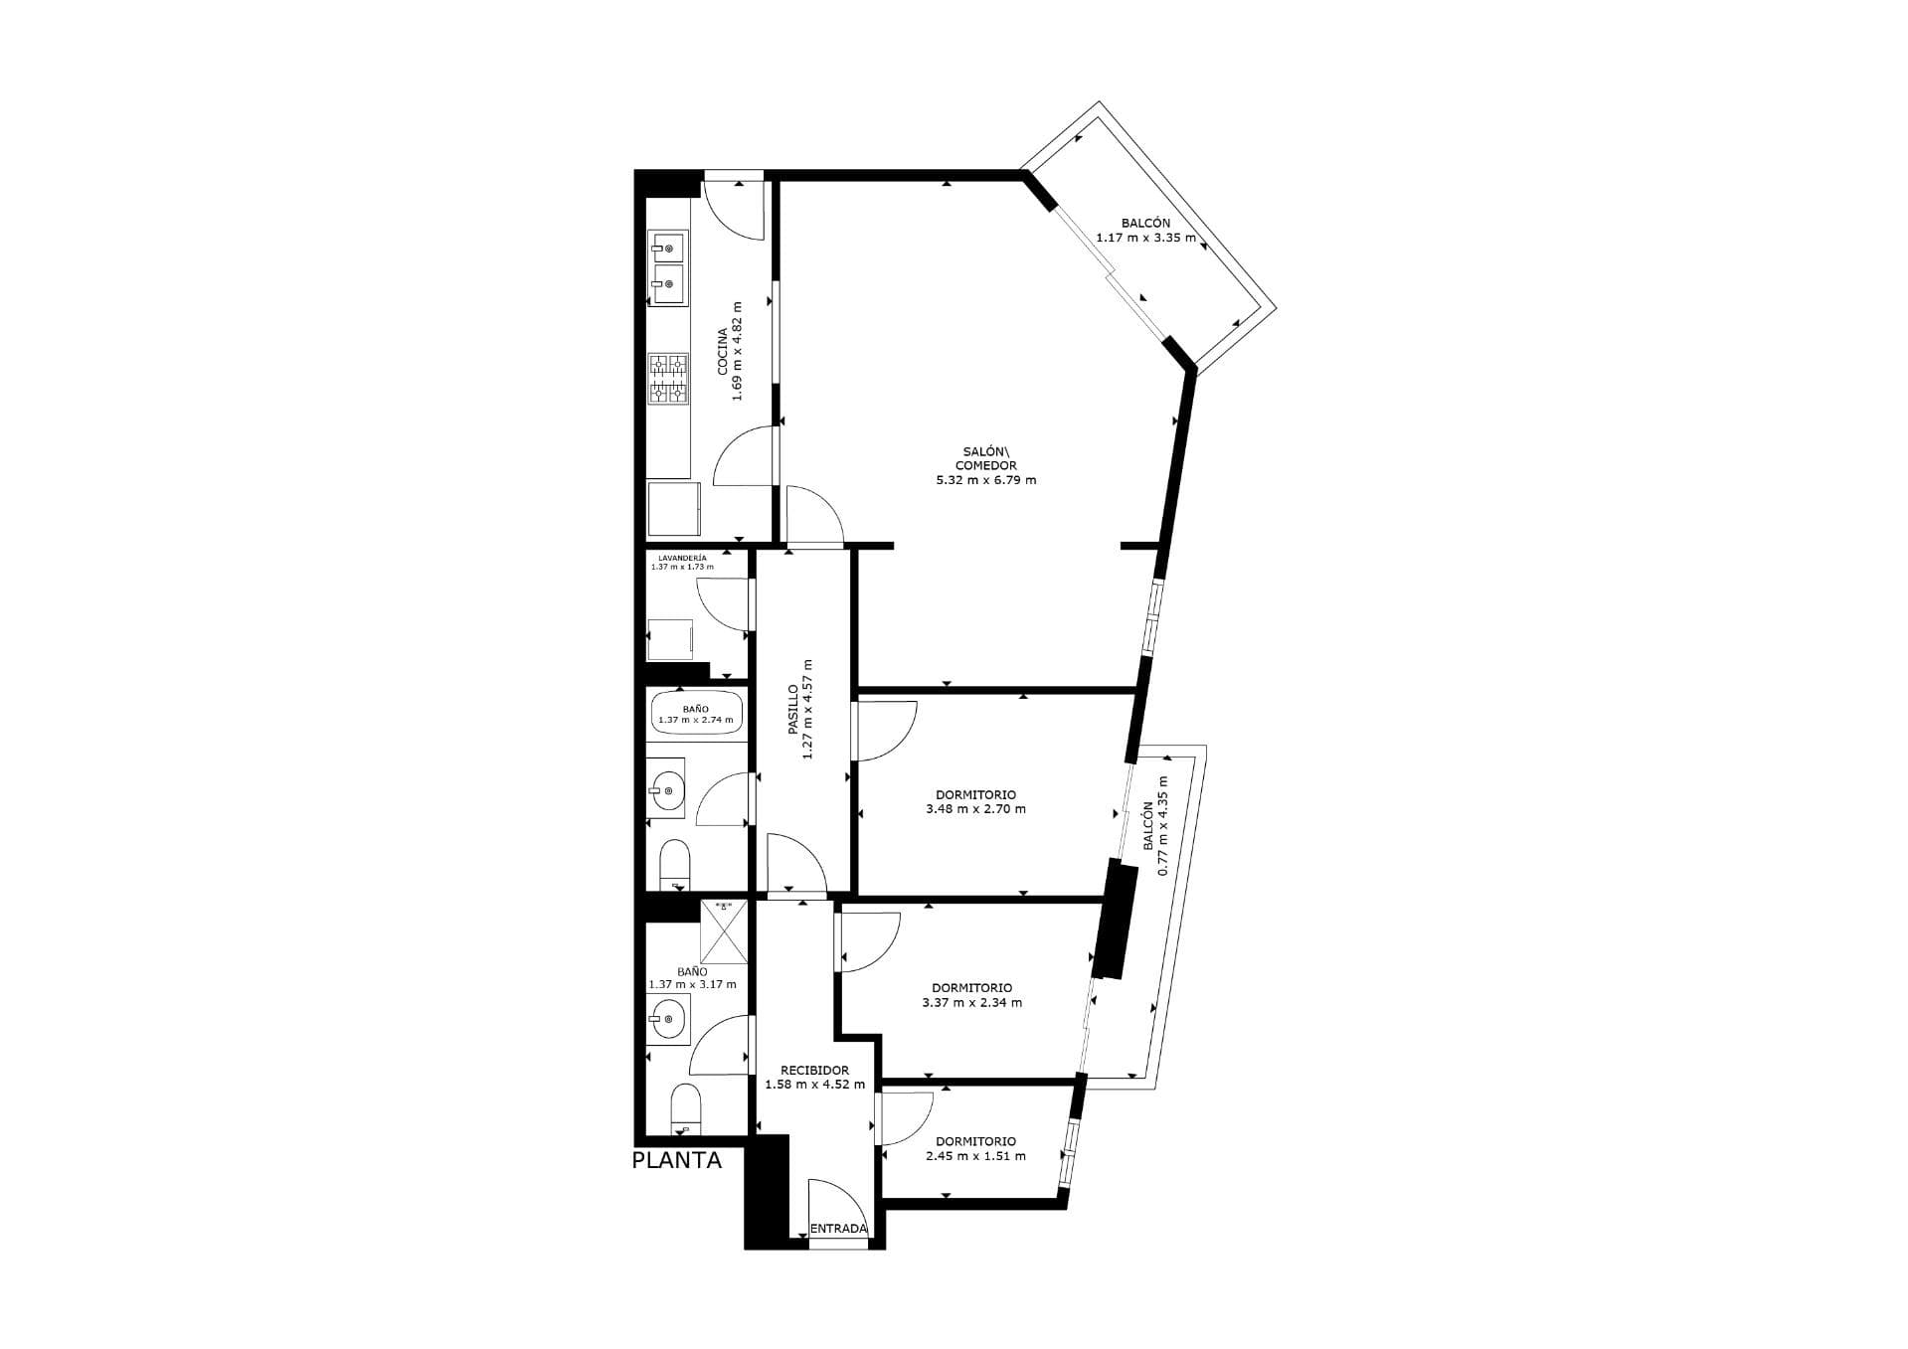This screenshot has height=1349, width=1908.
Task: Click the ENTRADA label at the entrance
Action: [838, 1229]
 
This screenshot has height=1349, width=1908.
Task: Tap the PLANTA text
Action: [677, 1160]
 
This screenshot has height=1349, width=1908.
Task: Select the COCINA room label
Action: [723, 352]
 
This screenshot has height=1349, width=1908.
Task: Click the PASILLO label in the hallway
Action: [793, 709]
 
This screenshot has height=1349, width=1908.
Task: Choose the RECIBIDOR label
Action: [814, 1071]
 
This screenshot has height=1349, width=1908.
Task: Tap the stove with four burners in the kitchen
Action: [669, 379]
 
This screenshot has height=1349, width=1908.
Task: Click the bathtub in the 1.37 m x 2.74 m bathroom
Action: [696, 713]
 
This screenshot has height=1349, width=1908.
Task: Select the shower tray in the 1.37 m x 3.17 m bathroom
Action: [724, 931]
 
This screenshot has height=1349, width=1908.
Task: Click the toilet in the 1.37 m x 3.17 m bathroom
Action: [685, 1109]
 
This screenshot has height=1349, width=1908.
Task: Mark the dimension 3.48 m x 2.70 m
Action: [975, 809]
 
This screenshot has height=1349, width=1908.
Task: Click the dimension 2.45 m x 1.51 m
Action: [975, 1156]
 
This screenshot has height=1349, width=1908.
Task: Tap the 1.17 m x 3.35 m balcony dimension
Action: [1145, 238]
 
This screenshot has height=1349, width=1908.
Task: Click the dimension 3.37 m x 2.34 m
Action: [971, 1002]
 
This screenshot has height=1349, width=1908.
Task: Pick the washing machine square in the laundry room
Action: [670, 639]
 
